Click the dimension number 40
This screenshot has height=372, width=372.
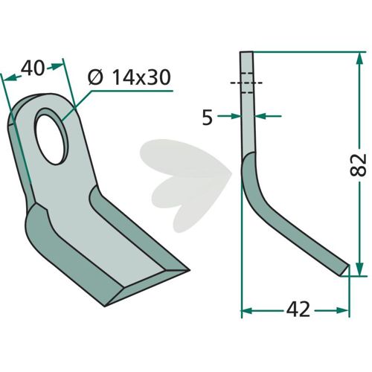[x=32, y=68]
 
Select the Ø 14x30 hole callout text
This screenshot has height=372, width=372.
[x=129, y=77]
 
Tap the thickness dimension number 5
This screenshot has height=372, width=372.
[x=208, y=118]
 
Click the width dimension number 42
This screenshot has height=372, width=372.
[x=298, y=310]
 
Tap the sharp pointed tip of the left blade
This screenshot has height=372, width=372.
[x=189, y=270]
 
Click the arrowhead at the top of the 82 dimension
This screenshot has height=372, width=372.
[x=359, y=59]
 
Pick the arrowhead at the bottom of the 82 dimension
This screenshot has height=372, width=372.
[x=359, y=269]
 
